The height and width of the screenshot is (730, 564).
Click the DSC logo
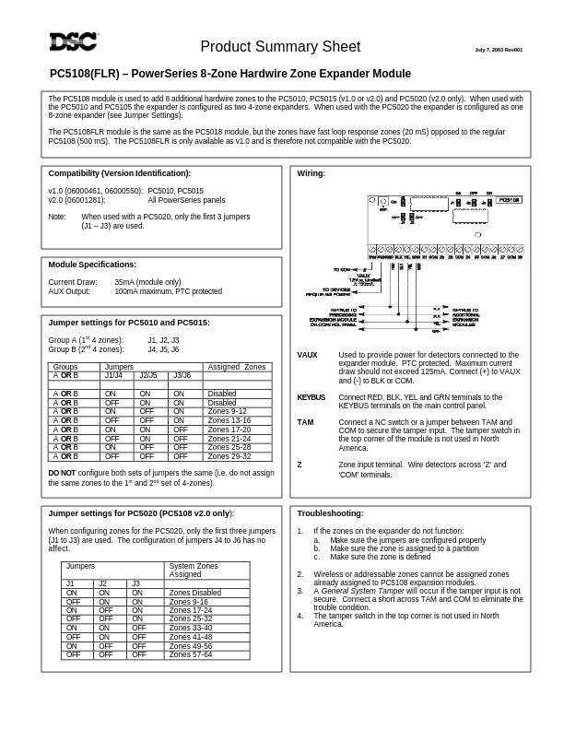point(74,41)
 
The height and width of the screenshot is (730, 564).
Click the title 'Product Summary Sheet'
point(280,47)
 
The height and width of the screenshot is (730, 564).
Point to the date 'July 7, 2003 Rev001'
point(498,50)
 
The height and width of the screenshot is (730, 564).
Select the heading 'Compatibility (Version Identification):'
point(119,173)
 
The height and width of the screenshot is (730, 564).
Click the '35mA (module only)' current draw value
point(147,282)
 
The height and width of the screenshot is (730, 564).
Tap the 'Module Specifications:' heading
point(92,265)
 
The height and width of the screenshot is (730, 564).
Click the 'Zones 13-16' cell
point(229,420)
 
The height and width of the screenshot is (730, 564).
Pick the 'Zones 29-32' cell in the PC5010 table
point(229,456)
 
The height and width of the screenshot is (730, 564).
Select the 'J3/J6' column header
point(182,376)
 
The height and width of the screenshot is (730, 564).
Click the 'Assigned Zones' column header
point(236,367)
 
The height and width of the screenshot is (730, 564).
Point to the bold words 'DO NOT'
point(62,473)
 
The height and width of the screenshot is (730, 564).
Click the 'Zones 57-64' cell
point(190,654)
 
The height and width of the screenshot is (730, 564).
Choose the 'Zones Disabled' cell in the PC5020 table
point(194,593)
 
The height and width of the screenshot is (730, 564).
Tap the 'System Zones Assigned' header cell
point(194,570)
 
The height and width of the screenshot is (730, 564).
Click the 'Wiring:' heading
point(311,173)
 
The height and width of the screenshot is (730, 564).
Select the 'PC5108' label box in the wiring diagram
point(509,199)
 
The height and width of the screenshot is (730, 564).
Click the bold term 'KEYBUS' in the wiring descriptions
point(311,397)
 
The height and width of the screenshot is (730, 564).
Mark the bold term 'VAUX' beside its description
point(307,355)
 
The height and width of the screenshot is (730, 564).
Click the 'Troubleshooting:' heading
point(330,513)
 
